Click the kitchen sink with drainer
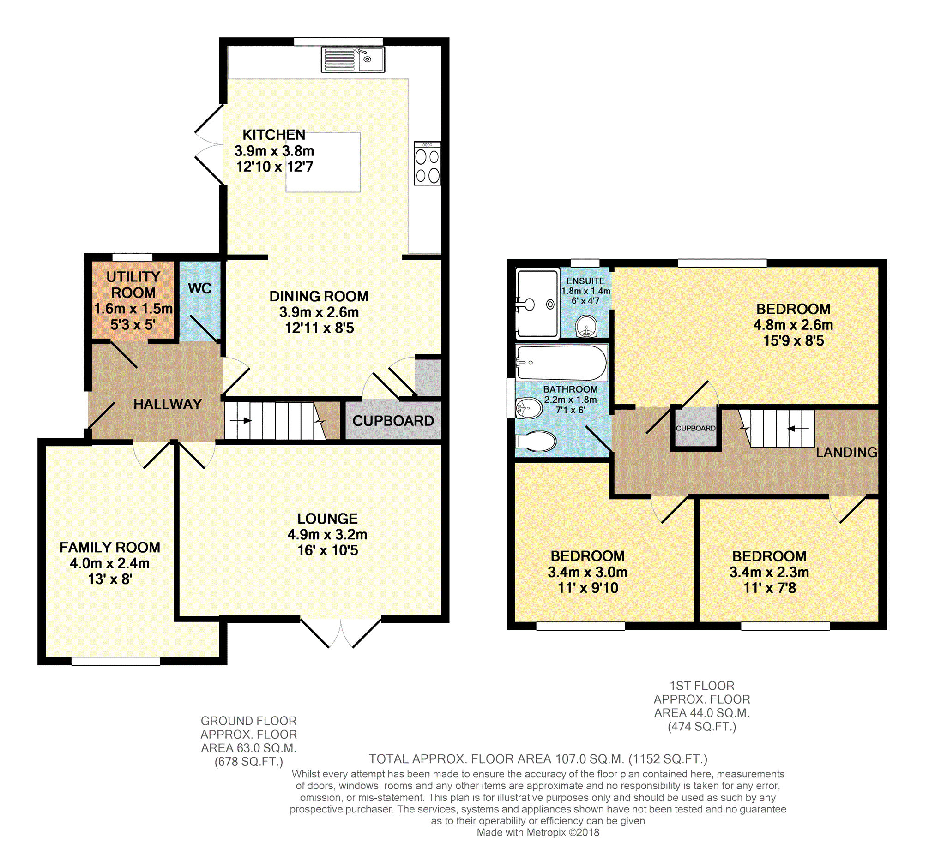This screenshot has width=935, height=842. (x=353, y=59)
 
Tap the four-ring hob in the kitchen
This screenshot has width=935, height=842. (x=427, y=163)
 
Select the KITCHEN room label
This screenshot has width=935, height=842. (x=273, y=135)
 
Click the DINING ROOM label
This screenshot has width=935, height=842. (x=319, y=296)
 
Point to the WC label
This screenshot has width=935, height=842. (x=199, y=288)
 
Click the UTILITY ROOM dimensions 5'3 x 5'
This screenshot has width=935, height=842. (x=133, y=325)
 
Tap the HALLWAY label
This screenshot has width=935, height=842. (x=168, y=404)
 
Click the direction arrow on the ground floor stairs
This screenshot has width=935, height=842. (x=241, y=420)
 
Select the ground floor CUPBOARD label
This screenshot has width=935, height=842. (x=393, y=420)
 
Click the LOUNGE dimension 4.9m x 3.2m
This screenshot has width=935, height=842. (x=327, y=534)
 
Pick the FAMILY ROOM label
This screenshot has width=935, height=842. (x=110, y=547)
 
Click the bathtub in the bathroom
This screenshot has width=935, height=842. (x=561, y=363)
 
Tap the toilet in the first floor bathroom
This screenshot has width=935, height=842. (x=536, y=441)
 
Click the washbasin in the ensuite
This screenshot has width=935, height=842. (x=586, y=326)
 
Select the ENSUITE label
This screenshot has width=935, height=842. (x=585, y=281)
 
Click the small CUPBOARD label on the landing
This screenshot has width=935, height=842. (x=695, y=429)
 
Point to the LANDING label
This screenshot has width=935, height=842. (x=846, y=452)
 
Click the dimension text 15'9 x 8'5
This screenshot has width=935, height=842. (x=793, y=340)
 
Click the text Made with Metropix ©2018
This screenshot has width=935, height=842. (x=538, y=832)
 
